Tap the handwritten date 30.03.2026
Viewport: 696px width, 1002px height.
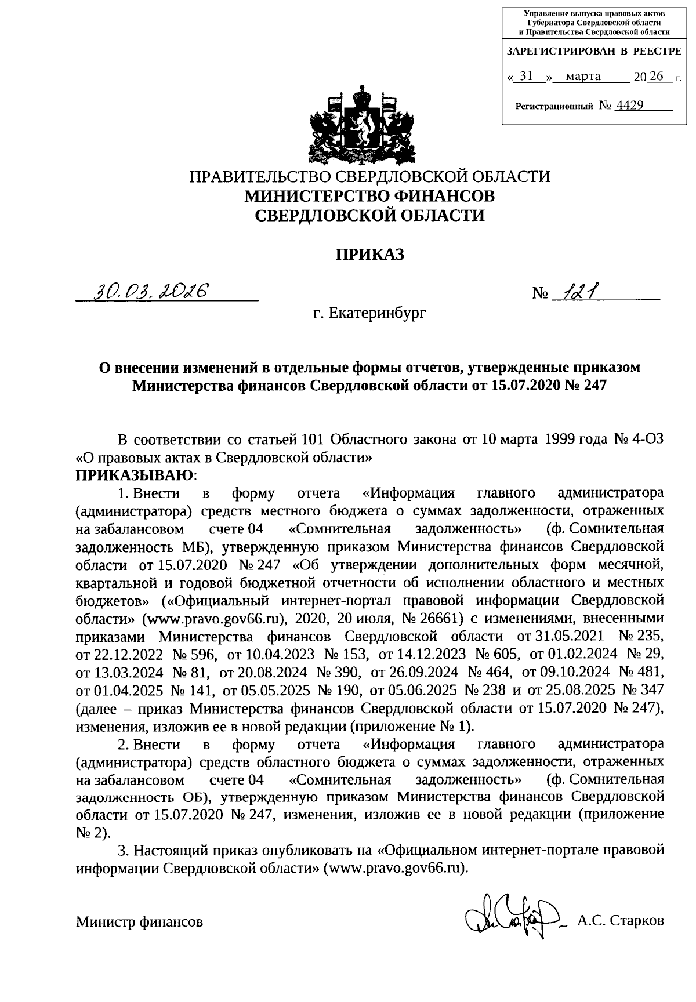[x=154, y=291]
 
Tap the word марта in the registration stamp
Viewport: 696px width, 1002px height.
[x=583, y=76]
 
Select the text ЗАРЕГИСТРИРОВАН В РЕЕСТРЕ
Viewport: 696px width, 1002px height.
[x=594, y=51]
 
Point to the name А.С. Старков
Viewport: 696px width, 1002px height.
[x=620, y=921]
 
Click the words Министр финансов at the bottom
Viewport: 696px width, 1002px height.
[x=140, y=921]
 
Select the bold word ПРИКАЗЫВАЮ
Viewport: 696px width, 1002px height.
[x=135, y=475]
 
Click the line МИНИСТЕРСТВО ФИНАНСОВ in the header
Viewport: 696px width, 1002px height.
[x=369, y=196]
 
